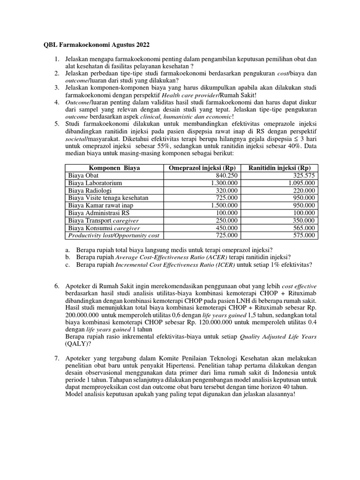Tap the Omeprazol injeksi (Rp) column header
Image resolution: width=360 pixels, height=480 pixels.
202,168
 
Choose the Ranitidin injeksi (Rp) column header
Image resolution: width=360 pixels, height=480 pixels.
279,168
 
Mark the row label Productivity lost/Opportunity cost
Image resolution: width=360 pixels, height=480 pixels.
114,235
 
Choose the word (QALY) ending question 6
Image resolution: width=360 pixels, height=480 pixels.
77,343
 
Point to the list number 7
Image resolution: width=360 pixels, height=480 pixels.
56,357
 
